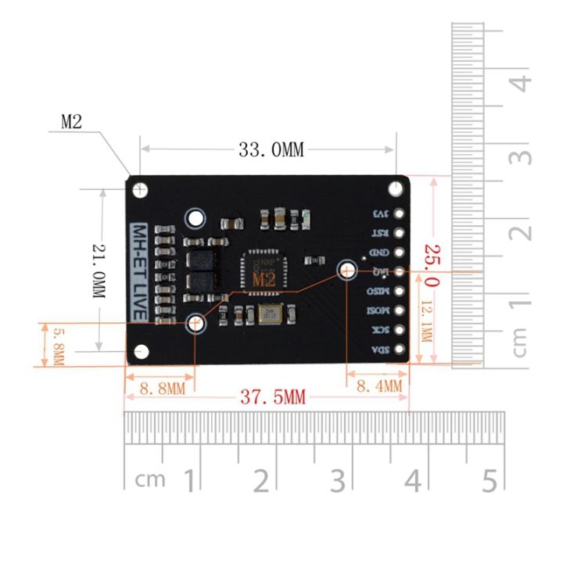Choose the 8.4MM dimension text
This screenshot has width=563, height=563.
coord(378,385)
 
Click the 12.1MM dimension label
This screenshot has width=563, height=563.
coord(426,325)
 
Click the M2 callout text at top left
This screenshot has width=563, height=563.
coord(71,121)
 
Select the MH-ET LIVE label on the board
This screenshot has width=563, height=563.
coord(138,271)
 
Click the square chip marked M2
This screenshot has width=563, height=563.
coord(263,270)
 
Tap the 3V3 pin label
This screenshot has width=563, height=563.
coord(380,213)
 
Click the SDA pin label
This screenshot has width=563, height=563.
coord(379,350)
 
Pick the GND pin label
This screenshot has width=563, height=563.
coord(379,253)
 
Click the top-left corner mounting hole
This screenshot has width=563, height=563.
coord(141,189)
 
